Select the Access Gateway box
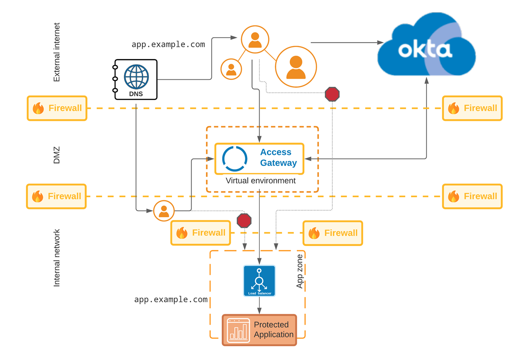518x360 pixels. coord(259,158)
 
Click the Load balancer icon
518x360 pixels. coord(259,281)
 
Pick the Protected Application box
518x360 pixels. coord(259,330)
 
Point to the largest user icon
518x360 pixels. coord(296,67)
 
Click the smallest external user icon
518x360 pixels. coord(231,69)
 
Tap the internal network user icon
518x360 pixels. coord(164,211)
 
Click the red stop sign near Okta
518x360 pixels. coord(332,94)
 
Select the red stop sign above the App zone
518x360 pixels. coord(244,220)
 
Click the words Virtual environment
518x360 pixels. coord(261,181)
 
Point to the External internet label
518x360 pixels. coord(57,53)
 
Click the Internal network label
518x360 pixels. coord(57,258)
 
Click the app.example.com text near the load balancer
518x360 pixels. coord(171,300)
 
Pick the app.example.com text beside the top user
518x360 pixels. coord(168,44)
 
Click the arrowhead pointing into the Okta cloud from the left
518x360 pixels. coord(381,42)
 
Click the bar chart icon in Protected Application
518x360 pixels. coord(239,330)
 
